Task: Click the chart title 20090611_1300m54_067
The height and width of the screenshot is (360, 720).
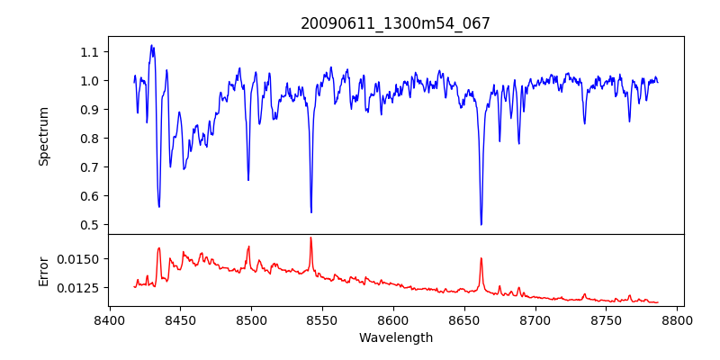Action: point(395,23)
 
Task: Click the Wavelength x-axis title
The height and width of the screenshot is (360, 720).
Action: point(395,337)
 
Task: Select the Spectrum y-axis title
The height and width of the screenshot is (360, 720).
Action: point(43,136)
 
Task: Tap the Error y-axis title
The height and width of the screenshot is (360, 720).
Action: point(43,270)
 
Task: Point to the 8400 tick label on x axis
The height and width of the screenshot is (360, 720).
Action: point(109,320)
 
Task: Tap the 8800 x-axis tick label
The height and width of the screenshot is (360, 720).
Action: point(678,320)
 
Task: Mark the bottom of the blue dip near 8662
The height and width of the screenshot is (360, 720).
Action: point(481,224)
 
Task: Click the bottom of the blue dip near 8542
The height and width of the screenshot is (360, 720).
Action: point(310,212)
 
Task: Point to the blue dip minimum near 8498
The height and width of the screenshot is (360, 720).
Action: point(248,180)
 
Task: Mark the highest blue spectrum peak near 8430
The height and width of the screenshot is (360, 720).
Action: point(151,45)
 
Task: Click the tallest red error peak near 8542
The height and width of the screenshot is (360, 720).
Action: point(310,238)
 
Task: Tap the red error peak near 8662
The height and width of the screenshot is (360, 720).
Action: point(481,258)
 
